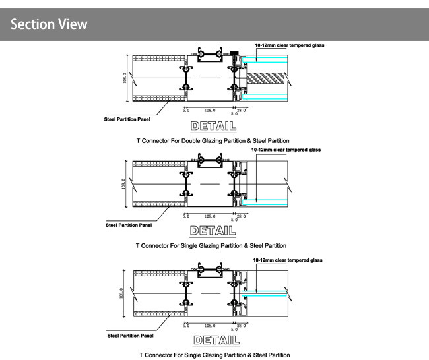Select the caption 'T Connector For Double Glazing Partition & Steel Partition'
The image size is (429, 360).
tap(212, 140)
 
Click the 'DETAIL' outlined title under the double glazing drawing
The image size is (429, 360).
tap(212, 125)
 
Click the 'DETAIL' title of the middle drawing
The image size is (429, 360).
tap(212, 231)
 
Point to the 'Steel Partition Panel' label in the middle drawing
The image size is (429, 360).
tap(129, 225)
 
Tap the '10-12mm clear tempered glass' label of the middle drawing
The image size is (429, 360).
tap(286, 150)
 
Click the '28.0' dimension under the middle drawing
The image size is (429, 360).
tap(241, 216)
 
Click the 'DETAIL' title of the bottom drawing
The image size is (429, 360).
tap(212, 340)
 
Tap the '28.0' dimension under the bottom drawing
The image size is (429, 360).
tap(241, 326)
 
